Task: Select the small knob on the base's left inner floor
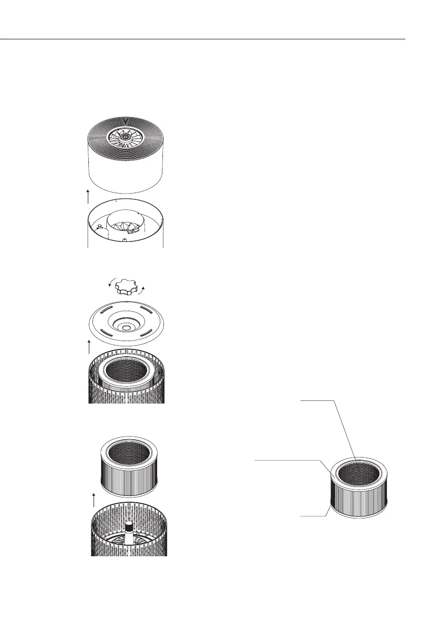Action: [100, 228]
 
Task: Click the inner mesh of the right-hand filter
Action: [360, 467]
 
